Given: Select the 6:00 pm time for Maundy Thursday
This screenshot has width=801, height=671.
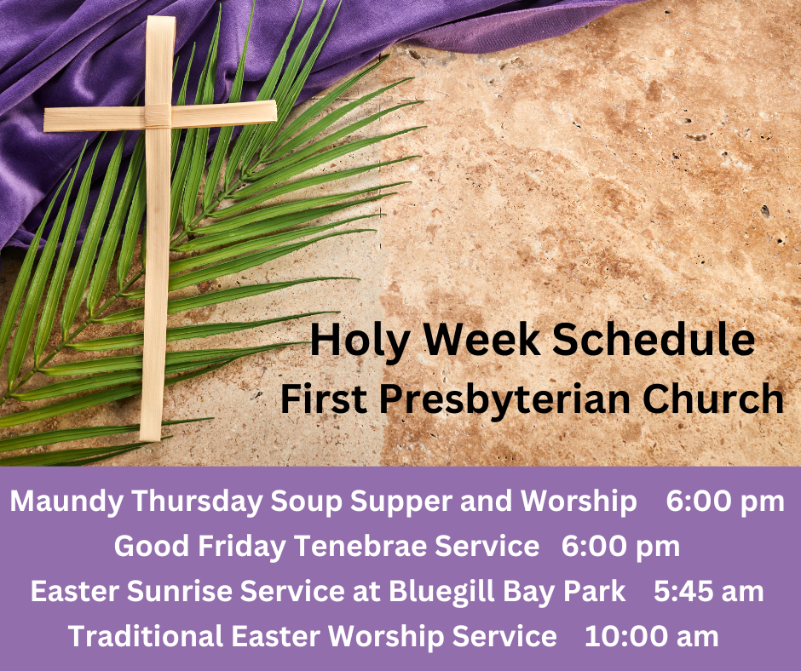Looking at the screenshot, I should click(x=725, y=502).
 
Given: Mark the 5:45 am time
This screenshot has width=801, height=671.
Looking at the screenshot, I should click(x=708, y=591).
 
